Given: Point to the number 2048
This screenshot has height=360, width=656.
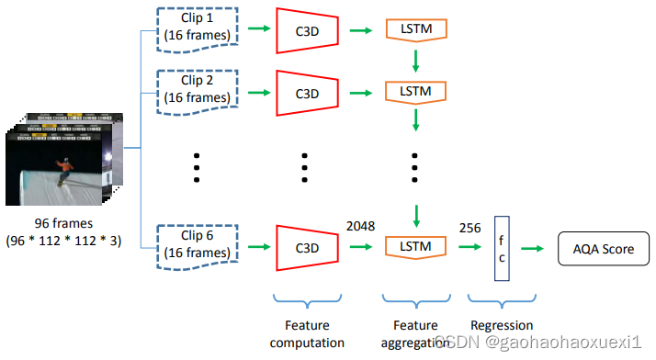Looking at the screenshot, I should [x=360, y=226].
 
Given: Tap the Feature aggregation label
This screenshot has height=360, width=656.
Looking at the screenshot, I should [x=415, y=333].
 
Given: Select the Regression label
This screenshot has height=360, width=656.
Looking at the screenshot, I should [x=502, y=325].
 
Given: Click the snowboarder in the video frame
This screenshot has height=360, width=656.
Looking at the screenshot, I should [x=65, y=169].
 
